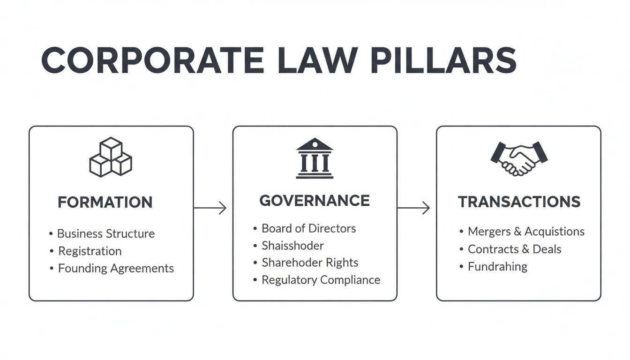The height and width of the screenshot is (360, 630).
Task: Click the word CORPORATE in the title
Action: [x=152, y=60]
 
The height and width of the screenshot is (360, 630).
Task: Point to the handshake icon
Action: [x=519, y=158]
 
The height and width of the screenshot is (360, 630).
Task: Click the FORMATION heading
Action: [x=105, y=202]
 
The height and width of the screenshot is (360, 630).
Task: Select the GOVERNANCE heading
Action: [x=315, y=201]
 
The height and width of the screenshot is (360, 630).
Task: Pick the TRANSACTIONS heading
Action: [x=519, y=202]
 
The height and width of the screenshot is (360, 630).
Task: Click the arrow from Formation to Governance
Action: [x=210, y=208]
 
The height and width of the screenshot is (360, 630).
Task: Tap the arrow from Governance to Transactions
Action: [x=413, y=208]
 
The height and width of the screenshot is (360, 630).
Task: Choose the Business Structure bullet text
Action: [x=106, y=233]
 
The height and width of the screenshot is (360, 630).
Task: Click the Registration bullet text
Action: [x=90, y=251]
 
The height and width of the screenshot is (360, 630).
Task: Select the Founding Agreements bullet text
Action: [x=116, y=268]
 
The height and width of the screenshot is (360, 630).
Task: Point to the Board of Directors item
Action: [x=308, y=228]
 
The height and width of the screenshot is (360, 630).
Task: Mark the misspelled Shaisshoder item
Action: [x=292, y=245]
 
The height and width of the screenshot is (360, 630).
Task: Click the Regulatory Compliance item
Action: [x=321, y=280]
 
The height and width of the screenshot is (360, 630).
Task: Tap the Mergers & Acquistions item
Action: [x=526, y=232]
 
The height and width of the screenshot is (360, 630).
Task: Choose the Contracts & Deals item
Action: [x=514, y=249]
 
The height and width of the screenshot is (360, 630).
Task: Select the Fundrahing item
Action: [x=497, y=266]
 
